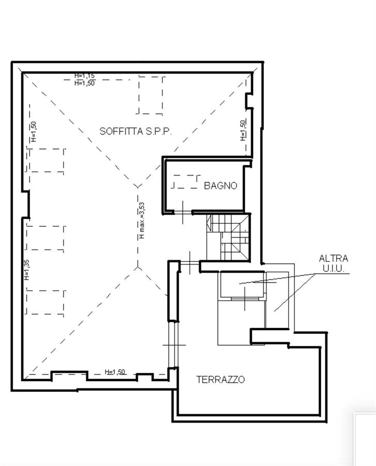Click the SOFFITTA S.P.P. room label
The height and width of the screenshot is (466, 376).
point(136,131)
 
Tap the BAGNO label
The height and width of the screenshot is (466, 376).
point(220,186)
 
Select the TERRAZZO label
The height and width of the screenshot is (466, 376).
point(220,380)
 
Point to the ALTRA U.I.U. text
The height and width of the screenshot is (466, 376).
point(333,264)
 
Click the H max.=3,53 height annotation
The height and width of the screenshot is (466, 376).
point(142,220)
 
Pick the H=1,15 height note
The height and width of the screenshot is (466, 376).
point(85,76)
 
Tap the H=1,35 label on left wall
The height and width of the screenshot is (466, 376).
point(27,270)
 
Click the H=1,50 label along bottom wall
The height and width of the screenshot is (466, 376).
point(115,372)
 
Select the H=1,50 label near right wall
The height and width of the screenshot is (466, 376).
point(243,130)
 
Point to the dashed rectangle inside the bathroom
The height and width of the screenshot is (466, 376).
point(185,182)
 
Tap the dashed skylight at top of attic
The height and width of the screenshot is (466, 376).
point(151,95)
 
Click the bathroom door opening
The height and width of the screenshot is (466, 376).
point(183,212)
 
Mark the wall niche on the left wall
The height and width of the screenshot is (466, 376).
point(26,204)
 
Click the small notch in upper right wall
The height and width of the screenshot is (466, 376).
point(249,101)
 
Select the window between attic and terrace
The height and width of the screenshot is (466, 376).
point(173,345)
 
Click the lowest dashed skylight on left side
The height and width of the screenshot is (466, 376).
point(46,302)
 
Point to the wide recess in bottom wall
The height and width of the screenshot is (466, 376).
point(70,376)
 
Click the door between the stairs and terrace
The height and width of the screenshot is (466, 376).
point(190,263)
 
